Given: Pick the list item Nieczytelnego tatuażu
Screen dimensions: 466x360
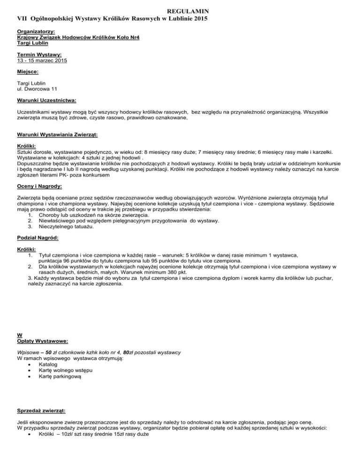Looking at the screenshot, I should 68,213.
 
